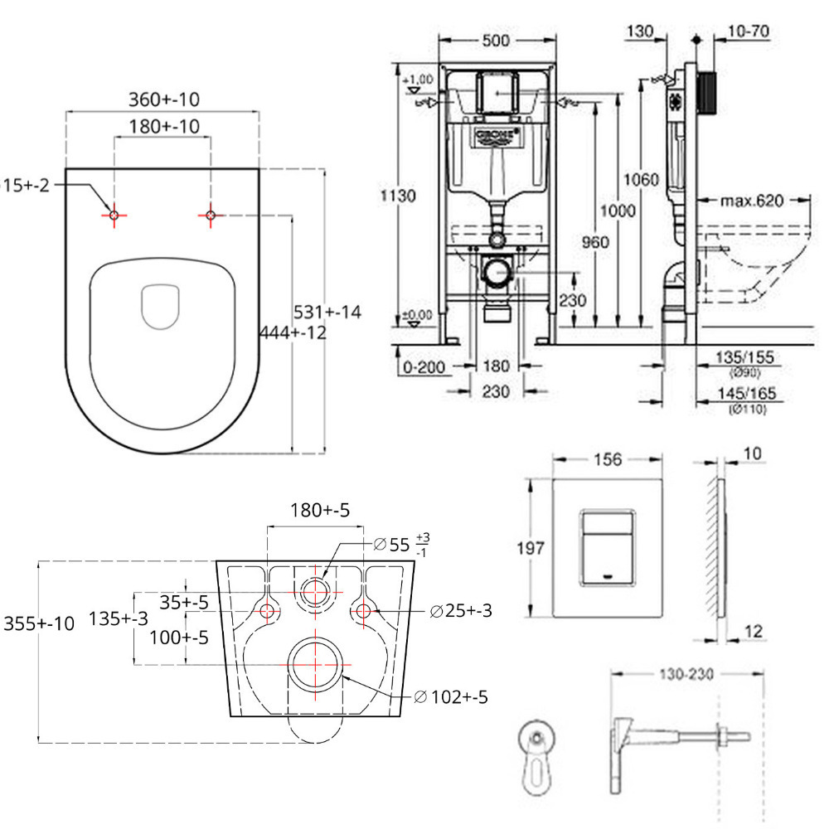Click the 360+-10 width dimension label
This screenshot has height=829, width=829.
(x=163, y=99)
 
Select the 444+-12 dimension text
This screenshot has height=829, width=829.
(x=293, y=332)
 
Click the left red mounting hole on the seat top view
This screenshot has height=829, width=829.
(x=114, y=215)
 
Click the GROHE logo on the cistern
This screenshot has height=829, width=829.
(x=496, y=136)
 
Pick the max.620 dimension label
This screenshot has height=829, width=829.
(x=752, y=200)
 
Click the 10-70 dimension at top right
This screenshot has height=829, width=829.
(x=749, y=32)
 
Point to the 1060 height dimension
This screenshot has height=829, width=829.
(x=642, y=180)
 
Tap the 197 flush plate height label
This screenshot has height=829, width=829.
(x=530, y=547)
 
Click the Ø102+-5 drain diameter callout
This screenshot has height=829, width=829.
(x=449, y=696)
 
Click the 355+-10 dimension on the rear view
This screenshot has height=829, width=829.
(x=39, y=623)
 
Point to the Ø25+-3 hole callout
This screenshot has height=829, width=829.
(x=461, y=611)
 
